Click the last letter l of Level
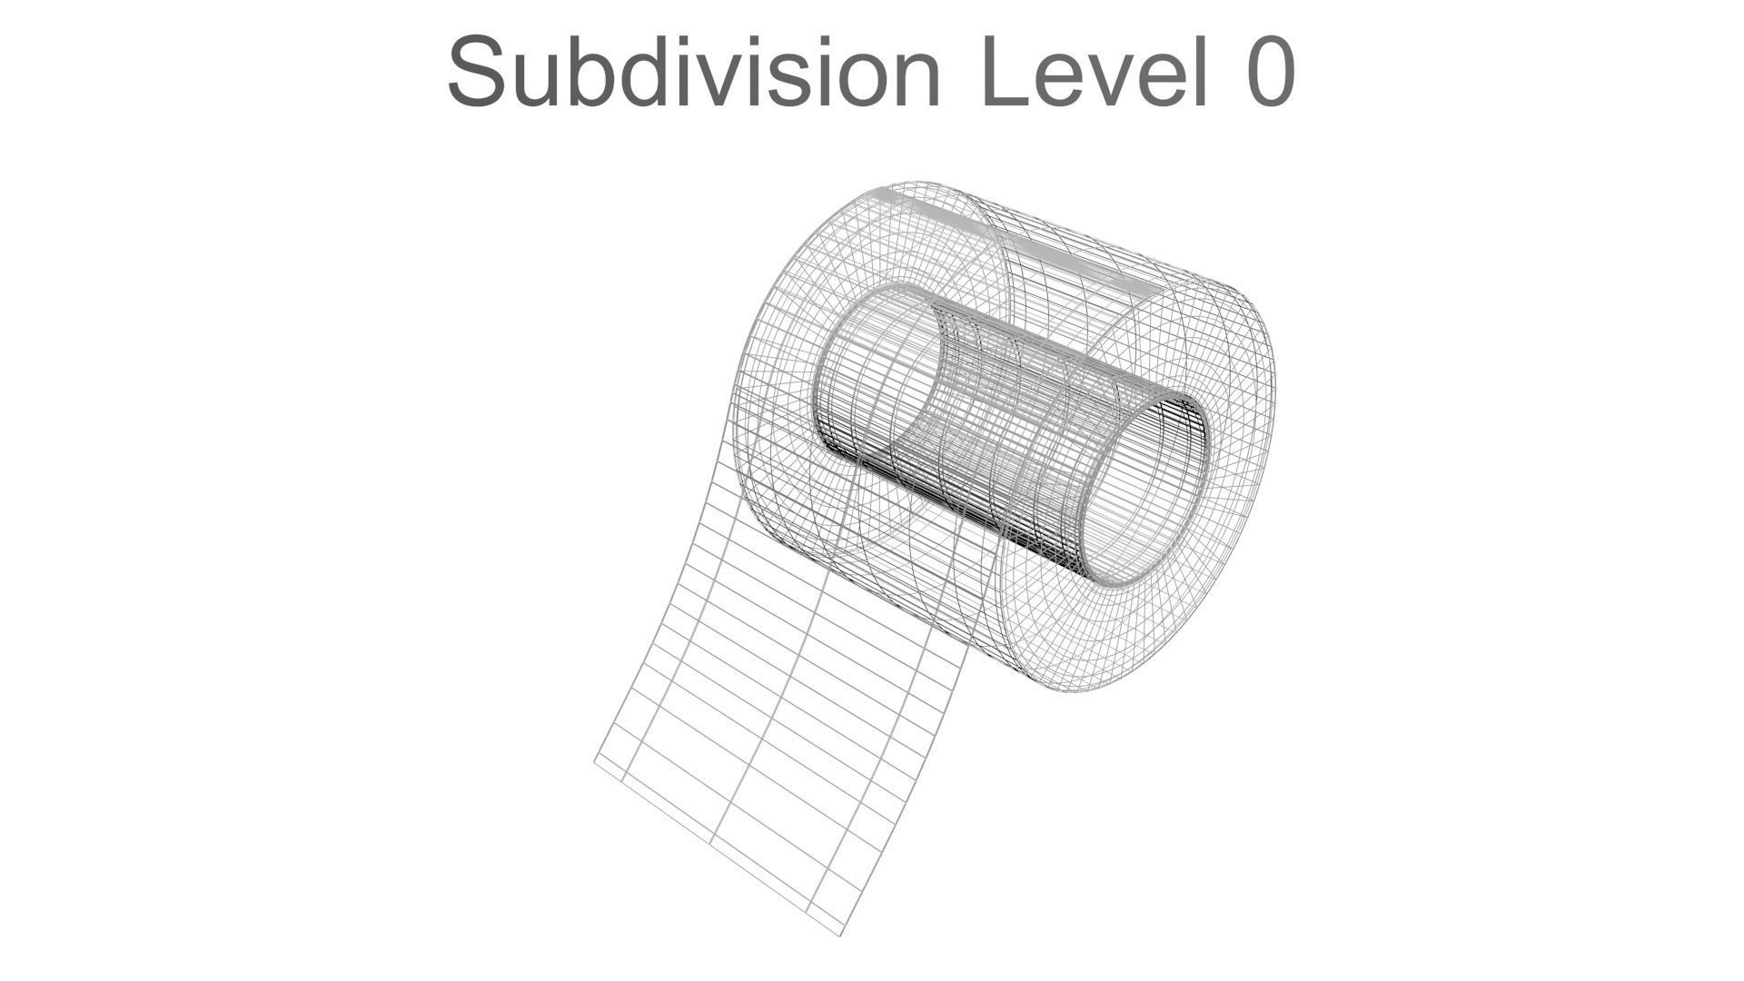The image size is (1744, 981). [x=1200, y=71]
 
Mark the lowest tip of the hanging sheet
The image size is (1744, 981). [x=840, y=935]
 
